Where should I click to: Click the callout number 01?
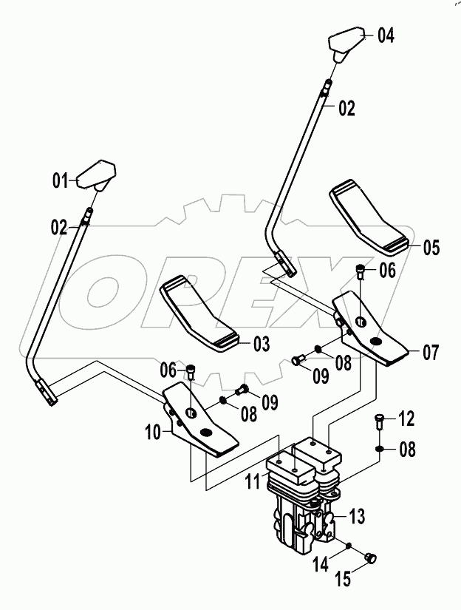click(60, 179)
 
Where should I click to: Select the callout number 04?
click(385, 35)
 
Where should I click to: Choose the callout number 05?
click(429, 248)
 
